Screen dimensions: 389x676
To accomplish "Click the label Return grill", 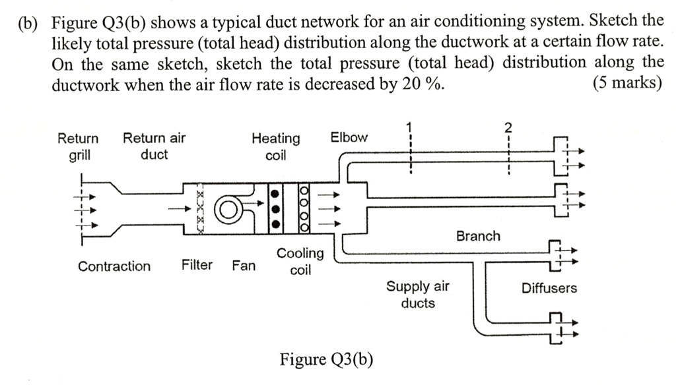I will [78, 146].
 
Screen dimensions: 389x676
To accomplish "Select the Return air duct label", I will [154, 146].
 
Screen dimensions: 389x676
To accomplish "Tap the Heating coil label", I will [275, 146].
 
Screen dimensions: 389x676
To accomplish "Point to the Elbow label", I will [349, 137].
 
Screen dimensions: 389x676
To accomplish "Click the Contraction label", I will [114, 266].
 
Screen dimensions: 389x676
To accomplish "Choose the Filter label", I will [197, 265].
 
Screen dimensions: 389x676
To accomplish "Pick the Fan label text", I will [244, 266].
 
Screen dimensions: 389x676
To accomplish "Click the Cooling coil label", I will [300, 261].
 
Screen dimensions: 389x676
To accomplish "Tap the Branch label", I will [478, 236].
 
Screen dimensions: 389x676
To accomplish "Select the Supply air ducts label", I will [418, 295].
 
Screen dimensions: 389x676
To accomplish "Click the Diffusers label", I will [549, 288].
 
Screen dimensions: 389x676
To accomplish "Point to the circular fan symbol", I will [227, 209].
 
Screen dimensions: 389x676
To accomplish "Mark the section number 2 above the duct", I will [508, 127].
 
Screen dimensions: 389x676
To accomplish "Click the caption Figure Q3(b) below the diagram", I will [326, 359].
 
